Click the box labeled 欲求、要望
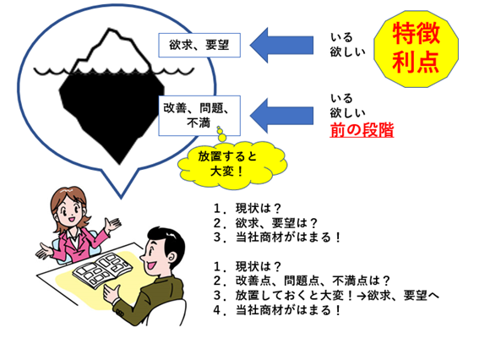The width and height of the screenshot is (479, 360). [199, 46]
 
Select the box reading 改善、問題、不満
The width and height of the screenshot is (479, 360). [199, 116]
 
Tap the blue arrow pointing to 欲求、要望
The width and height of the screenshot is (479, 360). [281, 46]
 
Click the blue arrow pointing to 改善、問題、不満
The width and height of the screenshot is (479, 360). [281, 116]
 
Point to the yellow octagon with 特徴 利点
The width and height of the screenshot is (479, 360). [416, 49]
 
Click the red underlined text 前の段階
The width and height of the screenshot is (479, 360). [362, 130]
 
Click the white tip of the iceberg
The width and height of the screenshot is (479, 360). [112, 52]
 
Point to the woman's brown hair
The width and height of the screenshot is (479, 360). [66, 199]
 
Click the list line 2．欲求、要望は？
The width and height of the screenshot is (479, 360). [266, 223]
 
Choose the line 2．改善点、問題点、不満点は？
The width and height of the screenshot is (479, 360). [302, 281]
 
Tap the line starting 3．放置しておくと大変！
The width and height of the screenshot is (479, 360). [326, 295]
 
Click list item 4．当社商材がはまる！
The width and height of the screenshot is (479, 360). [277, 310]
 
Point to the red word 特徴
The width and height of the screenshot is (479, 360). [416, 34]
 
